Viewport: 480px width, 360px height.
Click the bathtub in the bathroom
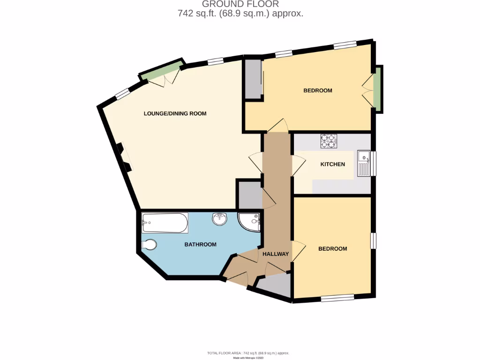[x=165, y=223]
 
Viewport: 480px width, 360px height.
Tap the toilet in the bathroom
[x=150, y=245]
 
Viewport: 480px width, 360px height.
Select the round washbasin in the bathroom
[x=220, y=219]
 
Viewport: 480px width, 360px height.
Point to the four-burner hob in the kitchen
[x=329, y=141]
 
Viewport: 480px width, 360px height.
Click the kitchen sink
[x=364, y=163]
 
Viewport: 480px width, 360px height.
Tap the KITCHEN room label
[x=332, y=165]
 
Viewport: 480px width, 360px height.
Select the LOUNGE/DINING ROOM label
[x=175, y=113]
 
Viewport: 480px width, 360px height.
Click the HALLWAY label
[x=275, y=254]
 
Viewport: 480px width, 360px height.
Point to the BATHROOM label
[x=200, y=245]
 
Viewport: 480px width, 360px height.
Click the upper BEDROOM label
[x=318, y=90]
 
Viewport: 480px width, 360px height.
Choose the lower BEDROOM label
[x=332, y=249]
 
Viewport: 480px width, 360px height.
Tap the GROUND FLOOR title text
[x=240, y=5]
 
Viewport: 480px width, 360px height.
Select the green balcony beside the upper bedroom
[x=377, y=90]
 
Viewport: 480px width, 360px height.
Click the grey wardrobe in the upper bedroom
[x=254, y=79]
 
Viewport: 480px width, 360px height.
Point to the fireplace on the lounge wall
[x=123, y=157]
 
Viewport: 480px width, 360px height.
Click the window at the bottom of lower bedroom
[x=337, y=298]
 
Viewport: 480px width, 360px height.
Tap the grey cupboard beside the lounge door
[x=249, y=195]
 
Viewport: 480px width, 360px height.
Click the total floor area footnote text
[x=248, y=353]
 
